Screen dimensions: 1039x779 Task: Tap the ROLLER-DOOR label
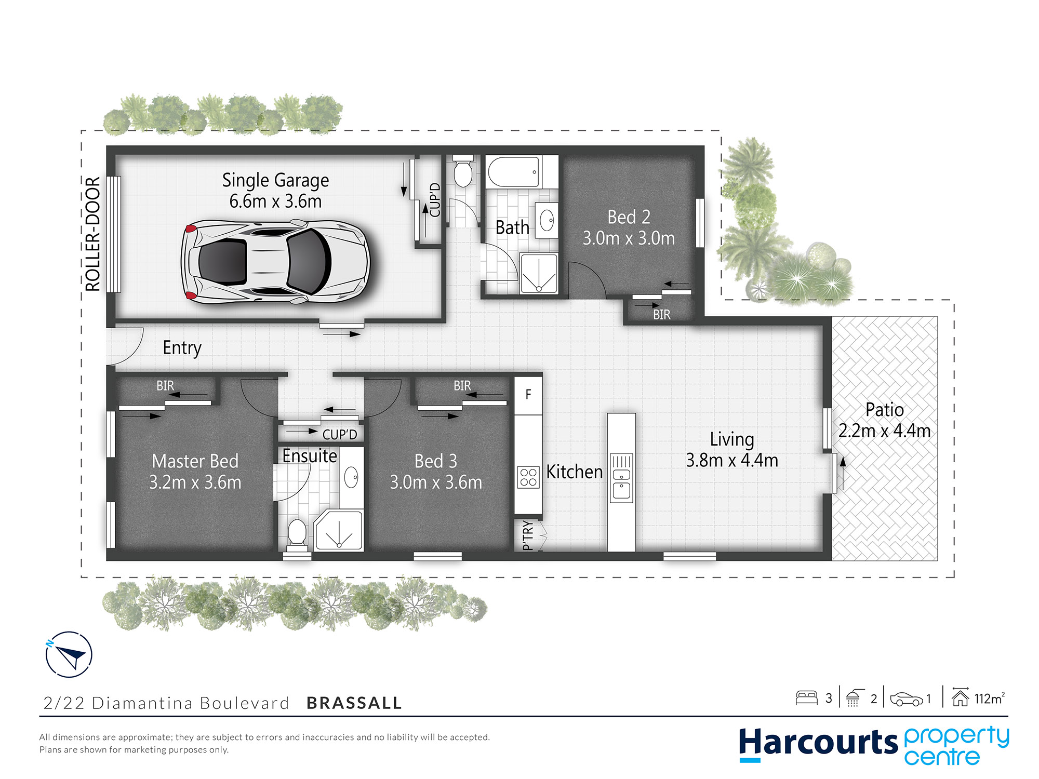92,234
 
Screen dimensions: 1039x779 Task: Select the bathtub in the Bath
513,172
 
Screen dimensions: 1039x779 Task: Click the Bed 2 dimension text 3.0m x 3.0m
629,238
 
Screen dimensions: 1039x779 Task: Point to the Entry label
182,348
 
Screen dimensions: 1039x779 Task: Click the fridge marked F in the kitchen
528,395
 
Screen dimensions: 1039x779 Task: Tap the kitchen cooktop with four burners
528,477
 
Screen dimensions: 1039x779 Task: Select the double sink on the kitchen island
621,478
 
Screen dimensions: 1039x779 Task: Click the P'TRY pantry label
528,535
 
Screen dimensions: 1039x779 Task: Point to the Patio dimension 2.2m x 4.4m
884,431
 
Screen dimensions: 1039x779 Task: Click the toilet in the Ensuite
297,534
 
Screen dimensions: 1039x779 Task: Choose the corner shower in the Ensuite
338,530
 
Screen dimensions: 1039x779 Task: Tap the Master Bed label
195,461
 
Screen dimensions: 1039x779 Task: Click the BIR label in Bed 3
462,386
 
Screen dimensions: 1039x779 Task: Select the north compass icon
69,654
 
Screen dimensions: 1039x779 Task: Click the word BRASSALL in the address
354,703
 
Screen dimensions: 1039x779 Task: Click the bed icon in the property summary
806,697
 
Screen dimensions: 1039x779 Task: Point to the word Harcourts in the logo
818,743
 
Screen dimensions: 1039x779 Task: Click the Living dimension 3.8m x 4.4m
732,461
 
